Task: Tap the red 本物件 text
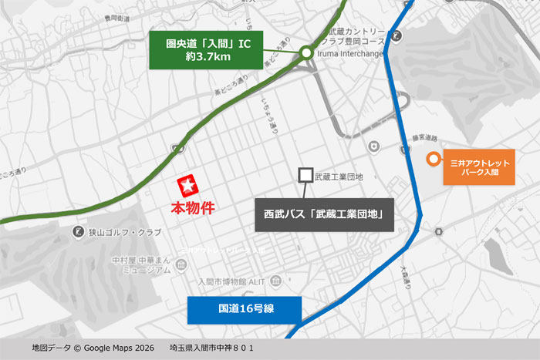pyautogui.click(x=191, y=207)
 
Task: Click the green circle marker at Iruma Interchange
pyautogui.click(x=306, y=52)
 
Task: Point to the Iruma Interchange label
pyautogui.click(x=352, y=54)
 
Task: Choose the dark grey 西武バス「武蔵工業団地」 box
pyautogui.click(x=324, y=213)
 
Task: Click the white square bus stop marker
pyautogui.click(x=305, y=176)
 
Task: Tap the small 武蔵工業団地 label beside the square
pyautogui.click(x=339, y=177)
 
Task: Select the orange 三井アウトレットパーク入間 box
pyautogui.click(x=478, y=169)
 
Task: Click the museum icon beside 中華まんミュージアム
pyautogui.click(x=181, y=266)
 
